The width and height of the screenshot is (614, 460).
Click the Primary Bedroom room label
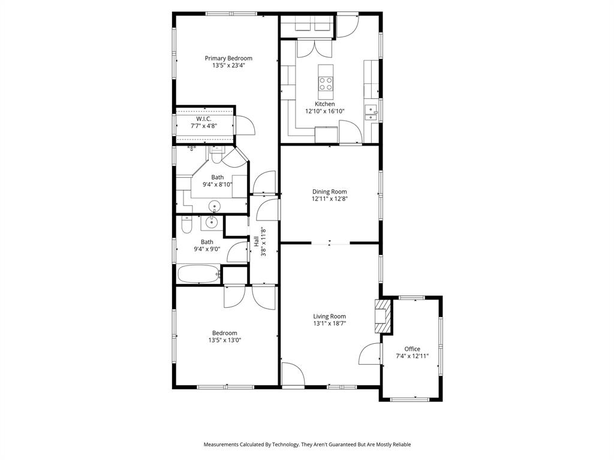[x=228, y=58]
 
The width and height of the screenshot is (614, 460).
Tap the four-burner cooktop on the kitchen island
[x=326, y=84]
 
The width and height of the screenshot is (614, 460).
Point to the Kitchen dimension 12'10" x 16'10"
[x=324, y=111]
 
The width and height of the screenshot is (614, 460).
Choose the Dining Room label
[x=329, y=192]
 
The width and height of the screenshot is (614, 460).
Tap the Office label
[x=412, y=349]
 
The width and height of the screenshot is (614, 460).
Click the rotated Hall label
[x=257, y=242]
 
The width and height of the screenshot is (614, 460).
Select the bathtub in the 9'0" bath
[x=197, y=274]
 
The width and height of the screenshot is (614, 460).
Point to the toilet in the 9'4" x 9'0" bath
[x=186, y=226]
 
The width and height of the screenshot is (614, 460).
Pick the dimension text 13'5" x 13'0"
[x=225, y=340]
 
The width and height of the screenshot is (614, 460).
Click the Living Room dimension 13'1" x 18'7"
[x=329, y=323]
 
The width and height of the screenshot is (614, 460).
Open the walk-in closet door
[x=246, y=125]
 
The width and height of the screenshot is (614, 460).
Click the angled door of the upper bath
[x=236, y=156]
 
